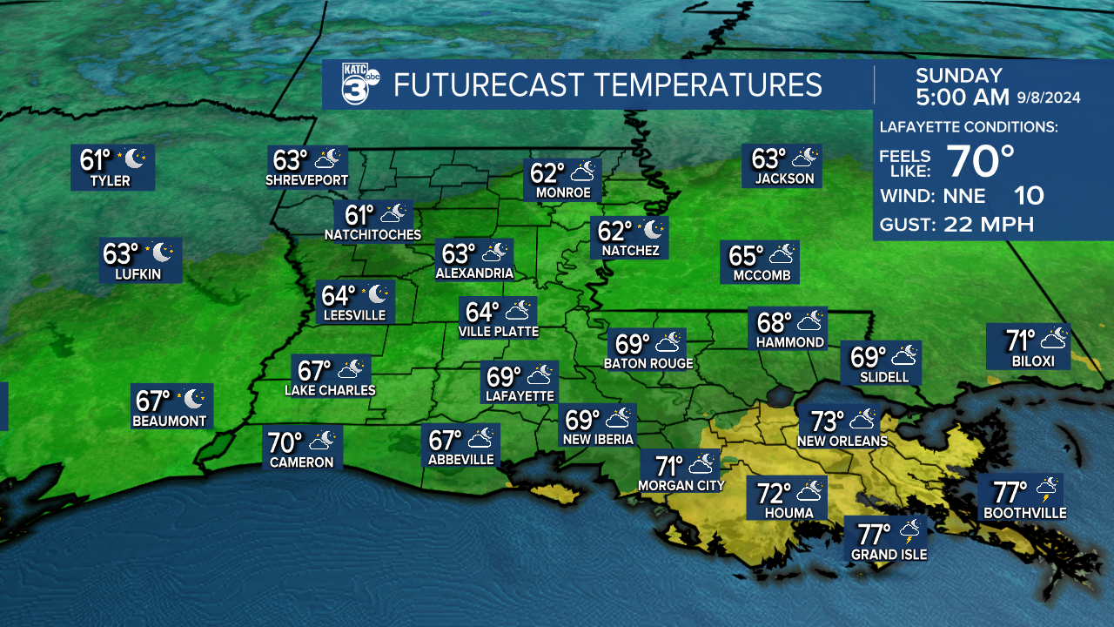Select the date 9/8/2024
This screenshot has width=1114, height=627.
pos(1049,98)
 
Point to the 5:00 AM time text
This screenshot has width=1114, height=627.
pos(963,97)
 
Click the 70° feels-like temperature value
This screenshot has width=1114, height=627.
pos(980,161)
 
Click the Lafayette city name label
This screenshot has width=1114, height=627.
pos(520,395)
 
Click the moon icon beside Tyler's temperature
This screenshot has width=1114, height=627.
pos(135,159)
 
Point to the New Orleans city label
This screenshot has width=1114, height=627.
pos(842,442)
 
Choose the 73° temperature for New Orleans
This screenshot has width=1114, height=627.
pos(828,421)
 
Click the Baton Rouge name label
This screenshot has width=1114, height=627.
pos(648,363)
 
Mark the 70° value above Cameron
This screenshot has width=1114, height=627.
pos(285,442)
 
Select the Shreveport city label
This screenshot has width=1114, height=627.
pos(307,180)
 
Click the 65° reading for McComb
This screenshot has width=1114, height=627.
pos(746,256)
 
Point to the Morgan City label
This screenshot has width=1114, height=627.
pos(681,485)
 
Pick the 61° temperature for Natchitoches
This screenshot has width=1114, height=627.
pos(359,214)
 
